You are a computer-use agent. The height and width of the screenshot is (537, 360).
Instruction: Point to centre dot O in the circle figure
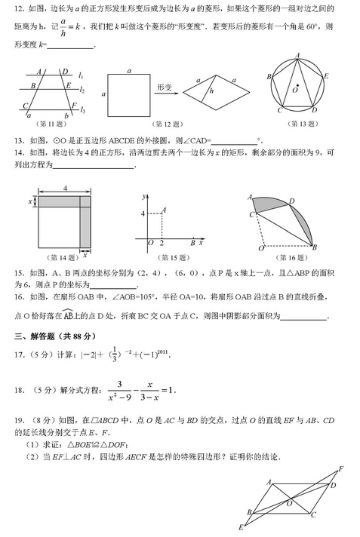click(x=297, y=87)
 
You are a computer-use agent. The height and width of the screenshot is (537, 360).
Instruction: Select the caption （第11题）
click(x=54, y=124)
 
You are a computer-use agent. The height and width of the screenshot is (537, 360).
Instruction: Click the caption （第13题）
click(x=298, y=124)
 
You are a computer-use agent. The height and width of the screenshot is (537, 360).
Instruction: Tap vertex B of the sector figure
click(x=314, y=247)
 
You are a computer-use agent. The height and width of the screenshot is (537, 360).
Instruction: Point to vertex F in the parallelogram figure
click(x=340, y=469)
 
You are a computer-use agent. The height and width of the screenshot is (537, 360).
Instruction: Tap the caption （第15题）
click(x=171, y=258)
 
